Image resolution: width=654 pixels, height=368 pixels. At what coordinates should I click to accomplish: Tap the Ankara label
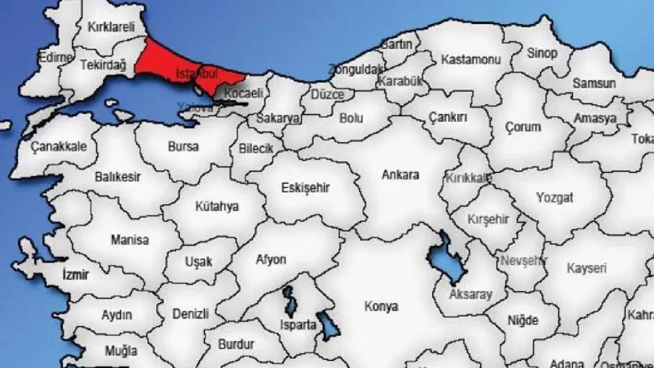click(x=401, y=175)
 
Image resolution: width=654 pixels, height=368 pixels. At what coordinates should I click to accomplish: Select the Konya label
click(x=381, y=307)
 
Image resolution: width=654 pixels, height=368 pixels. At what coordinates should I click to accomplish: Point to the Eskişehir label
click(x=306, y=188)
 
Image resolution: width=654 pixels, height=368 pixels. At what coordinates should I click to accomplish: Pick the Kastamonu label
click(x=471, y=60)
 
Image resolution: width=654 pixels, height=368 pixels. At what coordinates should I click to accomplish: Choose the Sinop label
click(x=542, y=53)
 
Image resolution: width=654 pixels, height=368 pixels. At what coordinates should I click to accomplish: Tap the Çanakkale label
click(x=59, y=147)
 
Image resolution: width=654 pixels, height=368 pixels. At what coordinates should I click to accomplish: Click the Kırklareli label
click(x=110, y=27)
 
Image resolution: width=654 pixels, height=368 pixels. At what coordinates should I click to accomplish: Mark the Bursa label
click(x=183, y=147)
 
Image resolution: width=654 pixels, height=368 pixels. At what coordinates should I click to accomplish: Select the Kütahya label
click(x=217, y=206)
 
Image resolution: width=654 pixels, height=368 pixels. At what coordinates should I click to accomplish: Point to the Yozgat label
click(x=555, y=198)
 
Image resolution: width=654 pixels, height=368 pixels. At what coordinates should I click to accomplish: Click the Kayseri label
click(x=587, y=268)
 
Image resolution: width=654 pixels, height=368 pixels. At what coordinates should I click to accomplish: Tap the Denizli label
click(x=191, y=314)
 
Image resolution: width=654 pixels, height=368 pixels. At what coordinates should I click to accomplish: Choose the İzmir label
click(x=75, y=275)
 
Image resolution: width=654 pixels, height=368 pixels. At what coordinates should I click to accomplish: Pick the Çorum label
click(x=523, y=127)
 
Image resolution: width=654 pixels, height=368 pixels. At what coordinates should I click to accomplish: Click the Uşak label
click(x=198, y=262)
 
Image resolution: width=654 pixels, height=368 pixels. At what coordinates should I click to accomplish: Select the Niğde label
click(x=523, y=320)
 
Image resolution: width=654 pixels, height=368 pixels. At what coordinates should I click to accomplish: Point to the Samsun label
click(x=594, y=83)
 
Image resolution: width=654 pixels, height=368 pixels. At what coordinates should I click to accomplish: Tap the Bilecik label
click(x=256, y=149)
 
